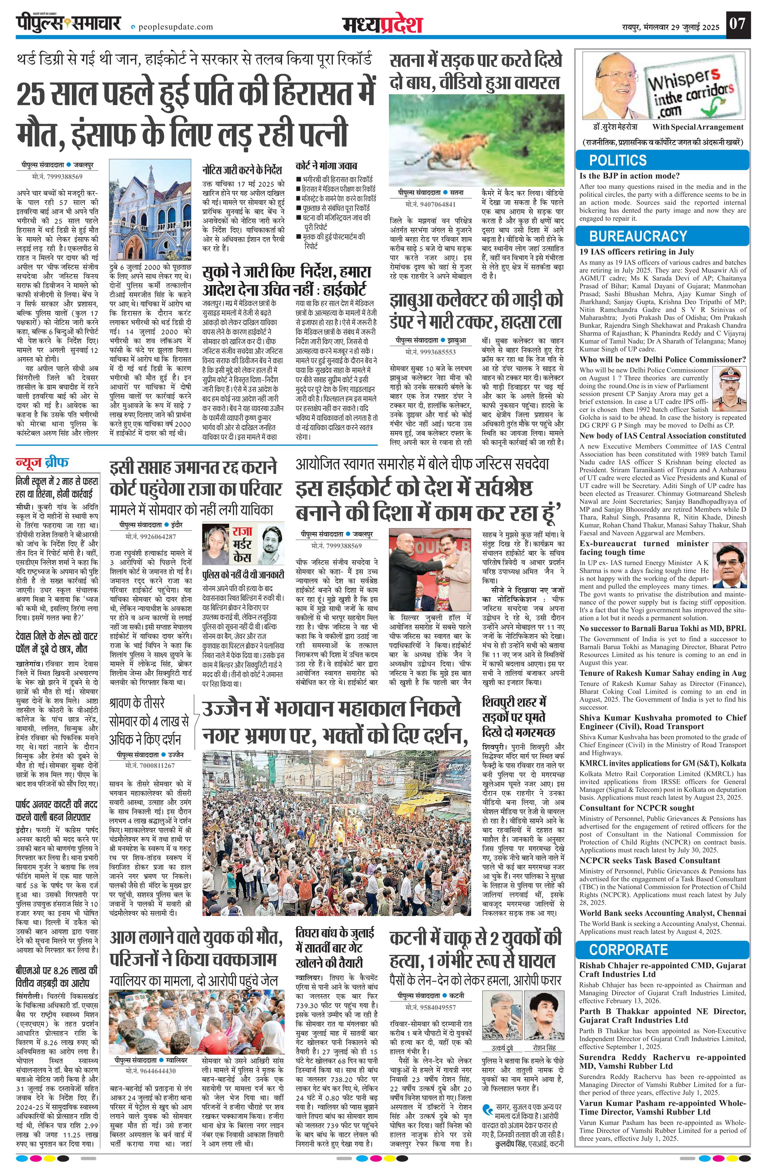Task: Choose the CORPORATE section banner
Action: click(628, 949)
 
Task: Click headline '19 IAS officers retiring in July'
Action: click(636, 251)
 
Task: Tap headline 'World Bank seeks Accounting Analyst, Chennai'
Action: click(662, 913)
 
